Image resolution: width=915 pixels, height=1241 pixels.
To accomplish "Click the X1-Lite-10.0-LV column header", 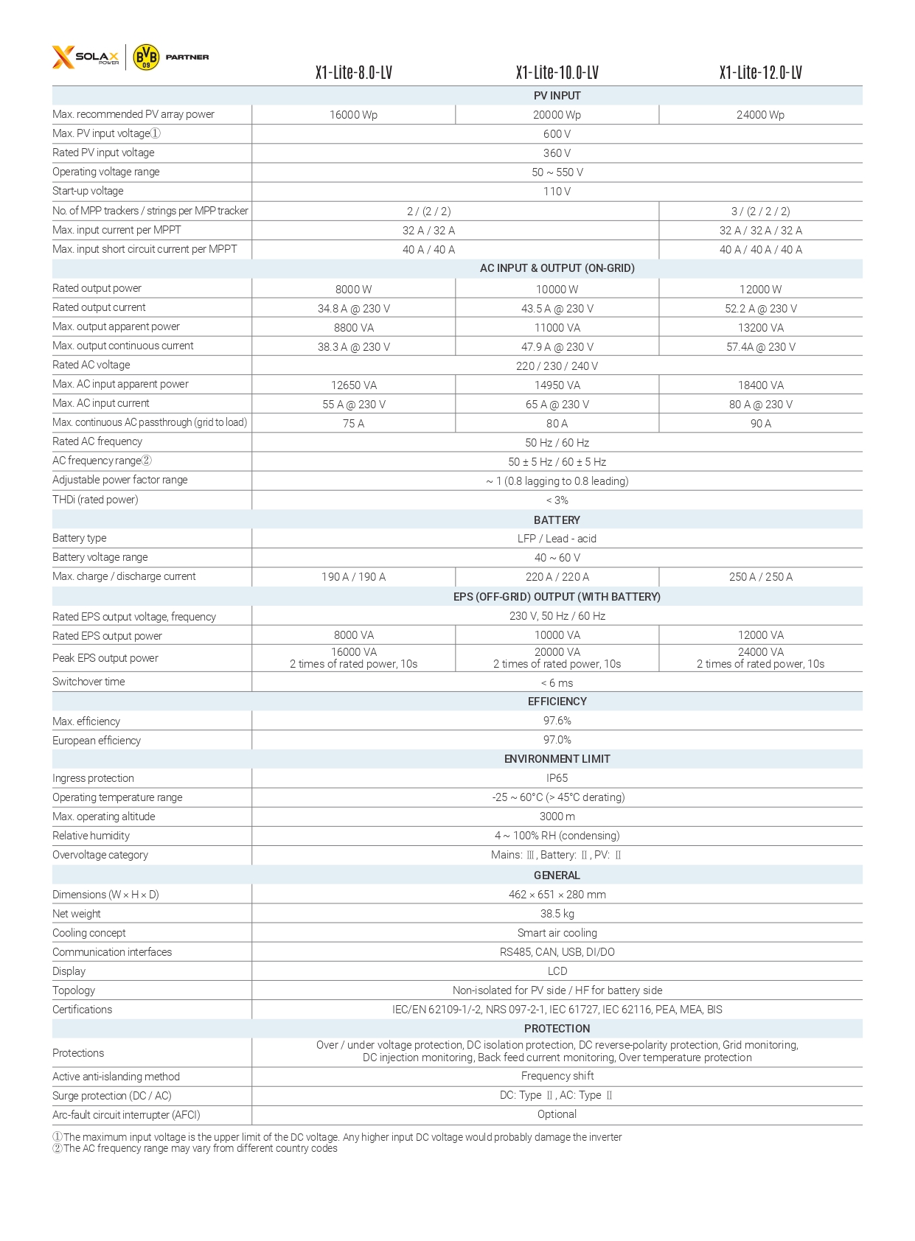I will point(557,72).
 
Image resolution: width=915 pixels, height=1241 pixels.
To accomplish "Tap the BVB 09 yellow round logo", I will point(146,57).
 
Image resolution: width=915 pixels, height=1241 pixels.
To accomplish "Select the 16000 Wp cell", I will point(353,115).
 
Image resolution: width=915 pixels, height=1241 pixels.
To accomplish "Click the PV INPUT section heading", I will point(557,96).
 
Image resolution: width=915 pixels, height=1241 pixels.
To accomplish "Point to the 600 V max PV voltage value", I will point(557,134).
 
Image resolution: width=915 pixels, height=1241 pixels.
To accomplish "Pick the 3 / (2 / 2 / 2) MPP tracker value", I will point(760,211).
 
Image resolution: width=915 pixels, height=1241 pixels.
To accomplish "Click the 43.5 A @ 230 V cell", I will point(557,309).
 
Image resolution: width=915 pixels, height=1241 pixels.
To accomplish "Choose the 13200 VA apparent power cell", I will point(760,328).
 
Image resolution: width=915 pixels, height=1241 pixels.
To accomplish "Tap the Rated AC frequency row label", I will point(97,441).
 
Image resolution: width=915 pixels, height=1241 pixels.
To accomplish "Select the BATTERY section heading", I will point(557,520).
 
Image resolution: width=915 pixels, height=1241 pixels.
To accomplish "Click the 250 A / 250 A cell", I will point(760,577).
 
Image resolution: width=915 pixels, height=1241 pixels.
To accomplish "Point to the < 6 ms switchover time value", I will point(557,683).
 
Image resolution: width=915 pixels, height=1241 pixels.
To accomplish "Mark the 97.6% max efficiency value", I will point(557,721).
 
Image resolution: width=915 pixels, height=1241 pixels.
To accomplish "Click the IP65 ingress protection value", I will point(557,778).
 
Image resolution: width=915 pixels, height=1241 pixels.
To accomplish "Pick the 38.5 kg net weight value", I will point(557,914).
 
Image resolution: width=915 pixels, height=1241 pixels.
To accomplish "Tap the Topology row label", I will point(74,990).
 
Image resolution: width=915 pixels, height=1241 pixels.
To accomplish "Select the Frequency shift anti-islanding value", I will point(557,1076).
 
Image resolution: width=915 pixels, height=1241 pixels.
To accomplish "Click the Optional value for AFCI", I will point(557,1114).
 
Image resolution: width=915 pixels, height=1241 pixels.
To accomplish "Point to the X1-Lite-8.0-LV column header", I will point(353,72).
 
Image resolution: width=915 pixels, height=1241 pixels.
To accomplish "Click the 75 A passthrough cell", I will point(353,424).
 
